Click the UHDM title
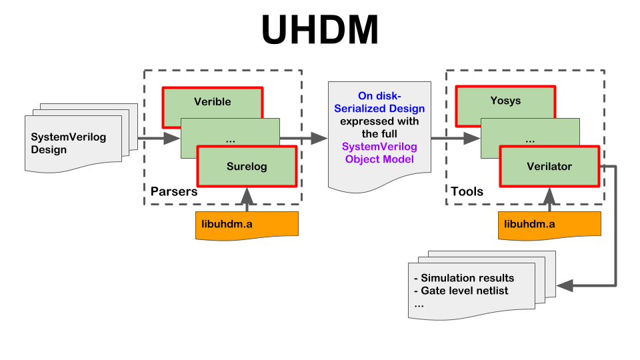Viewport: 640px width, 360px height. tap(320, 30)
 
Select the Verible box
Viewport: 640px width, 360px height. tap(212, 102)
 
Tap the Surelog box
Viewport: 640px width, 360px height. tap(247, 167)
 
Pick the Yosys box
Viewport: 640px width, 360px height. tap(505, 101)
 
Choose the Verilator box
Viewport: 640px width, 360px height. tap(549, 167)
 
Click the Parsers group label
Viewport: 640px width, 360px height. tap(174, 191)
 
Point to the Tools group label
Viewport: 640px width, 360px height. tap(467, 191)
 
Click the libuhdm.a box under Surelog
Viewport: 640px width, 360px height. tap(247, 225)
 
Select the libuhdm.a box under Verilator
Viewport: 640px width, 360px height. tap(549, 225)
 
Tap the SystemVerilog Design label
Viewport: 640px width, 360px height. tap(69, 143)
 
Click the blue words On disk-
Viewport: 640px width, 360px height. tap(379, 96)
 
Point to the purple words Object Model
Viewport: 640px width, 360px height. tap(379, 159)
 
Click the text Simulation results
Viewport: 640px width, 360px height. tap(467, 278)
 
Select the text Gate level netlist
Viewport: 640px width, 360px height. tap(465, 291)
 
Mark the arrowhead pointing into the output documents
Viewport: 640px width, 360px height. tap(565, 286)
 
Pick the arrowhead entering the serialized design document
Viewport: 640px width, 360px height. tap(319, 139)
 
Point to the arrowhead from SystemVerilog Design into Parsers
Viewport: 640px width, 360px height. tap(172, 139)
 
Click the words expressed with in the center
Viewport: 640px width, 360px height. tap(379, 121)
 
